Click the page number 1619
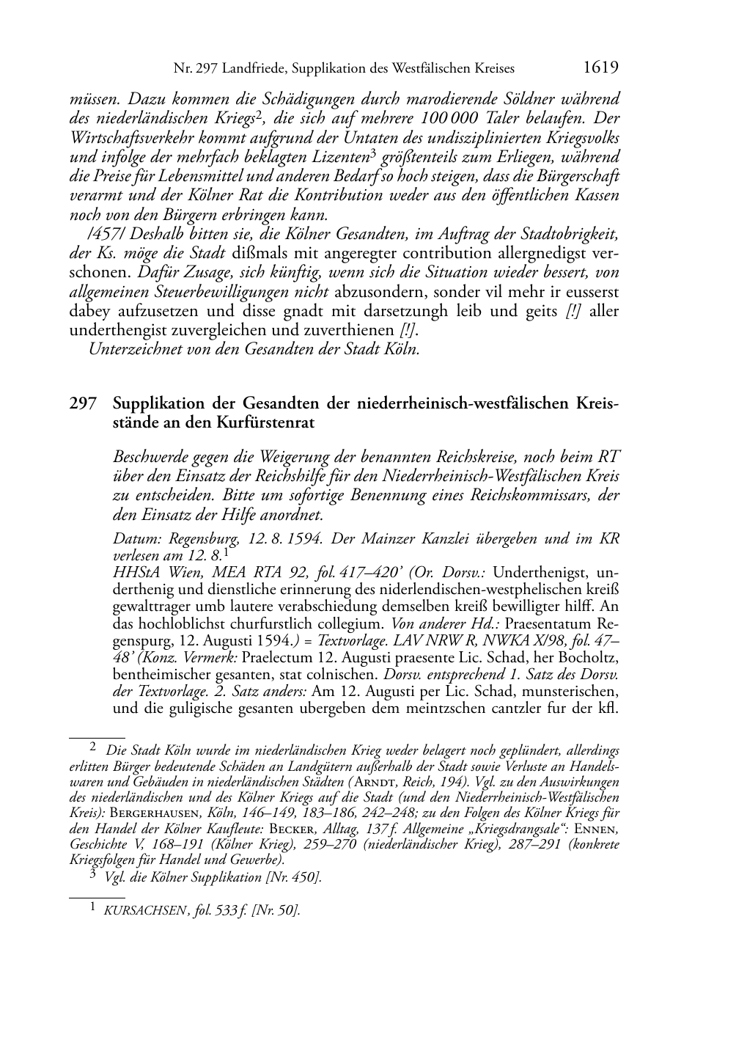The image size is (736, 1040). coord(600,68)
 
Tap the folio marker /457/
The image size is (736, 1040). coord(105,235)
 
